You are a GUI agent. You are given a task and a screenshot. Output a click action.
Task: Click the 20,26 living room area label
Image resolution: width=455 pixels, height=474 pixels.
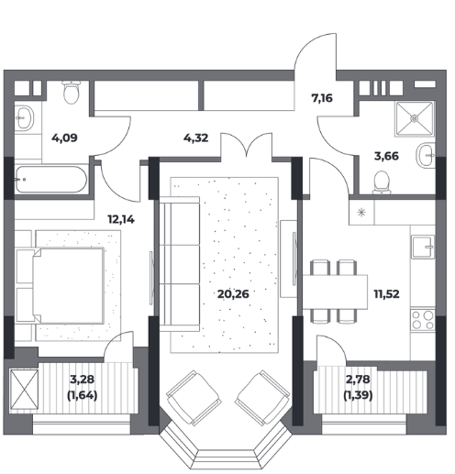233,294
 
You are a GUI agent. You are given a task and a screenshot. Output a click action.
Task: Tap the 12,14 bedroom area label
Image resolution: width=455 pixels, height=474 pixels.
121,219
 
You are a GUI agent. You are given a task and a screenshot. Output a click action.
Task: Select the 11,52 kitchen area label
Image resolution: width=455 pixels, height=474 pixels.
386,294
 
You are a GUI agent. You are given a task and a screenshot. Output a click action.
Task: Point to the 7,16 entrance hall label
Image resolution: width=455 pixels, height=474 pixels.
322,98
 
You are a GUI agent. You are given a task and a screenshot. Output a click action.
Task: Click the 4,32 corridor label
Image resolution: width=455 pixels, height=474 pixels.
196,138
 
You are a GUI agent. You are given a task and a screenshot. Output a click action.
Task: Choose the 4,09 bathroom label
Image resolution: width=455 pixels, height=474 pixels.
64,138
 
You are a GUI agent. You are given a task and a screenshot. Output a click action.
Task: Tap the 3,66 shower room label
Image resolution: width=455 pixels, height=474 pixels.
386,156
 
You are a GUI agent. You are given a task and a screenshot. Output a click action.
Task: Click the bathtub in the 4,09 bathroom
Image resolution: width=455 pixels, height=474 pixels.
51,180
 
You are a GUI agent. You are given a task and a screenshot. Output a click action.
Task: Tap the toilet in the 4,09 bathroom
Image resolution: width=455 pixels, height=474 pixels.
71,92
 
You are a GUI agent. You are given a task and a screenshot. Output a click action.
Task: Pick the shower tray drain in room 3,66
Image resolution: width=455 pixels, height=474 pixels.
415,118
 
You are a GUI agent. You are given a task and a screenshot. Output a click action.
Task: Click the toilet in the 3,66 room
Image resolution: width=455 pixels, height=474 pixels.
382,182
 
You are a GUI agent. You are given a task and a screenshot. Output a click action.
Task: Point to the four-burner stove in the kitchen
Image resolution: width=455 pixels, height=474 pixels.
423,320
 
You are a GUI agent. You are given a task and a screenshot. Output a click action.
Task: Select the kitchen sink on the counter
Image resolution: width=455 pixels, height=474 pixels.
423,247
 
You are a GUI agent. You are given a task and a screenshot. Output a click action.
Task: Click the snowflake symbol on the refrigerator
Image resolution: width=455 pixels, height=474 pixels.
361,212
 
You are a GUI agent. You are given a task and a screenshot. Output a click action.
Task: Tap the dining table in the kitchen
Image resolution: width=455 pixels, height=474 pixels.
335,292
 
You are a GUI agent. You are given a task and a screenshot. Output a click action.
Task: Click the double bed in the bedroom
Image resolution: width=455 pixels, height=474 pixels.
68,286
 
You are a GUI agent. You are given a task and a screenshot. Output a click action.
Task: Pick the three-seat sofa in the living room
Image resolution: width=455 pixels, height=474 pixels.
180,264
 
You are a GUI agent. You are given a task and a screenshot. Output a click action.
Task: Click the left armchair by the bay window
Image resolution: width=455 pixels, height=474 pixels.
194,398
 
